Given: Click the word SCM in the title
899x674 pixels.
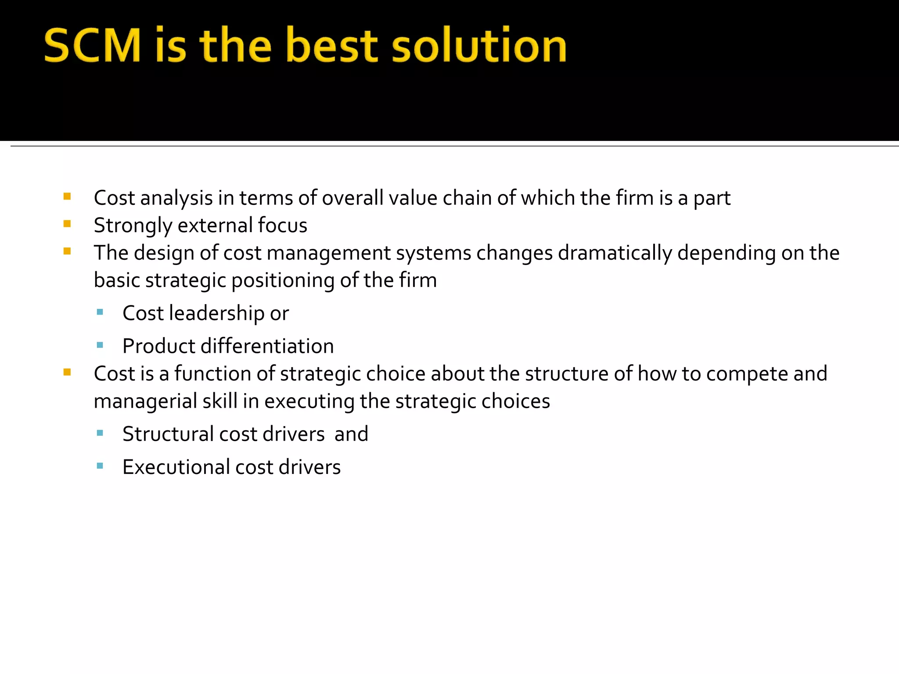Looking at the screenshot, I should click(x=92, y=45).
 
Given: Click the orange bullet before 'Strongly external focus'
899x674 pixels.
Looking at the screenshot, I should click(x=67, y=224).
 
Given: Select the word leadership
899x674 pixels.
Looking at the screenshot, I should click(x=217, y=313).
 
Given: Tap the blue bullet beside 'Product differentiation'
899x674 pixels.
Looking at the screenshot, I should click(x=100, y=345).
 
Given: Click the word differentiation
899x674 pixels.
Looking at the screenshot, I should click(x=267, y=346).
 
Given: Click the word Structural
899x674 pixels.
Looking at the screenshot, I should click(x=168, y=434).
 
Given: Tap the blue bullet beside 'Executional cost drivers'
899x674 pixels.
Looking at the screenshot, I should click(x=100, y=466).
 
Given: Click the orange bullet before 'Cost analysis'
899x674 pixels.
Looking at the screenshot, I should click(x=67, y=197).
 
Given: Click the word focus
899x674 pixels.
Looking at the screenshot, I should click(x=282, y=226).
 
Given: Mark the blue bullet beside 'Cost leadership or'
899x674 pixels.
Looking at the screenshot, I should click(x=100, y=312).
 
